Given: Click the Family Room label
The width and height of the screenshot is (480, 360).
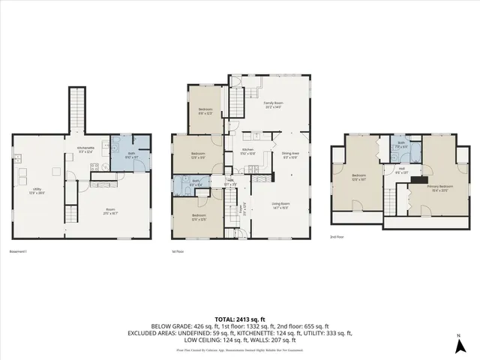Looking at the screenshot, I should [x=273, y=104].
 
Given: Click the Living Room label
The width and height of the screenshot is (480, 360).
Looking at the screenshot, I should [x=280, y=205].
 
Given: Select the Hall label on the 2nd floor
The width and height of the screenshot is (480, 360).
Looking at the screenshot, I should [x=402, y=169].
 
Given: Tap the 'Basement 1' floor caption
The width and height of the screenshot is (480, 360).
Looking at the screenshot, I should [x=19, y=251].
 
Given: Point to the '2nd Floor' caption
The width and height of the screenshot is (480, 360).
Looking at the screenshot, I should [x=337, y=236].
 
